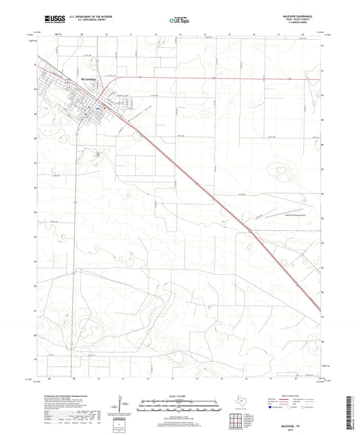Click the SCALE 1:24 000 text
tap(180, 396)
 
